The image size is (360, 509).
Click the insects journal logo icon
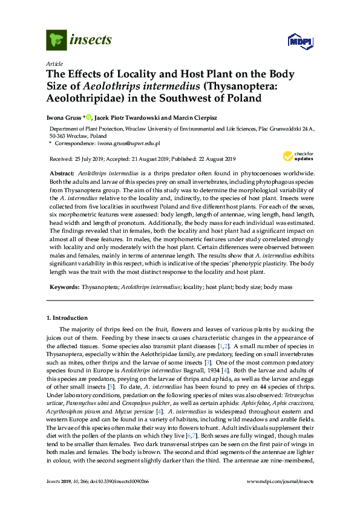pyautogui.click(x=56, y=41)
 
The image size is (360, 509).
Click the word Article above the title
pyautogui.click(x=53, y=63)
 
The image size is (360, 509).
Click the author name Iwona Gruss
pyautogui.click(x=64, y=117)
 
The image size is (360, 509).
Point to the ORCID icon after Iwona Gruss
pyautogui.click(x=88, y=117)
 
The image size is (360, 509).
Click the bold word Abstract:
pyautogui.click(x=62, y=173)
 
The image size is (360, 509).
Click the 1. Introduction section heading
pyautogui.click(x=67, y=318)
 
